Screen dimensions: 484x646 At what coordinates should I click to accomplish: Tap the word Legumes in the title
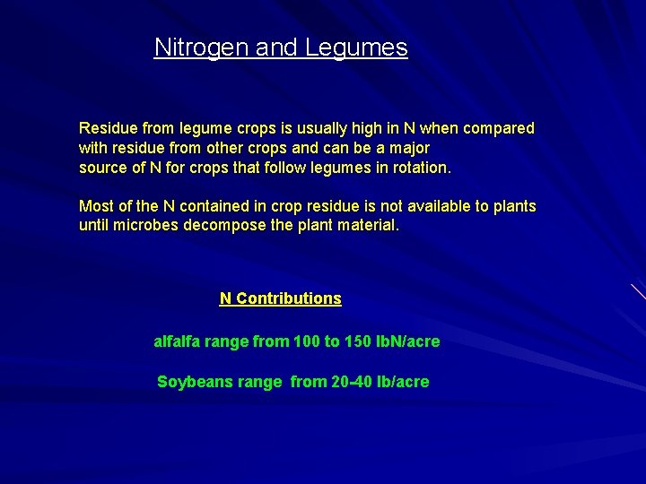(x=356, y=48)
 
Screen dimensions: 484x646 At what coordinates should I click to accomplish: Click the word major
(x=408, y=148)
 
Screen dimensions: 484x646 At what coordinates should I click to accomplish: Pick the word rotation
(x=420, y=168)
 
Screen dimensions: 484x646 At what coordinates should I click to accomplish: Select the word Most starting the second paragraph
(x=95, y=206)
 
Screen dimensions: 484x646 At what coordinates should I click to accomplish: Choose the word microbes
(x=146, y=226)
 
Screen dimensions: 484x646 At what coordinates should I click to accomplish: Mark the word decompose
(x=221, y=226)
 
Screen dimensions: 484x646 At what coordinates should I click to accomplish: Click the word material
(x=368, y=226)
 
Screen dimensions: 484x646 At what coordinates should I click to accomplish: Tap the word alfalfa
(x=178, y=342)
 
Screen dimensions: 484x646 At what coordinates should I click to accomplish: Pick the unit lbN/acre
(x=408, y=342)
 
